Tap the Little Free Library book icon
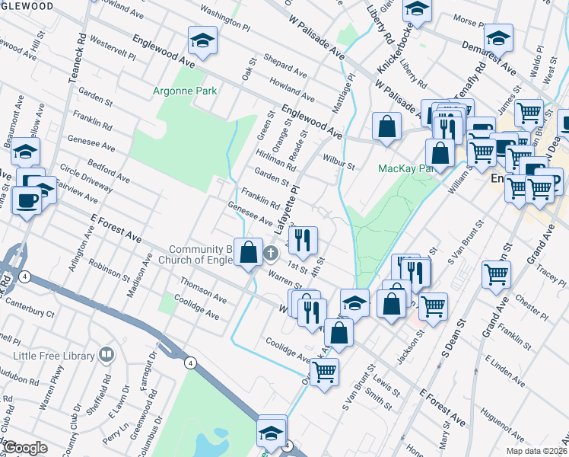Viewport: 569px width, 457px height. (107, 355)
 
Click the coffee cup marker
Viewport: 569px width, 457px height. (29, 201)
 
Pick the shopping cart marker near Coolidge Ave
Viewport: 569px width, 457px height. (324, 372)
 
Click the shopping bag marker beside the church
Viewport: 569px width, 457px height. (249, 252)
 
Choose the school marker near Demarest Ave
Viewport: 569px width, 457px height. (498, 38)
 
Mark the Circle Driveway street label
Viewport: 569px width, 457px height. (89, 177)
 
